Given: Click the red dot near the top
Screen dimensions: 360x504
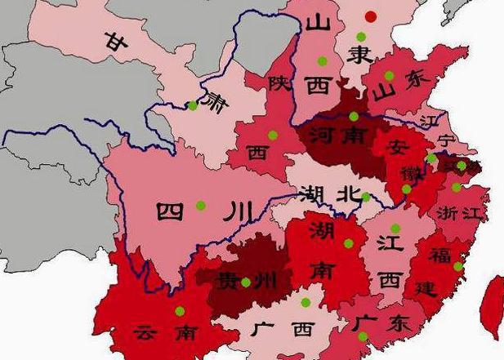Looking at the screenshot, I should (372, 16).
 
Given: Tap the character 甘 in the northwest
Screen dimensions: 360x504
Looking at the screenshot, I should (114, 41).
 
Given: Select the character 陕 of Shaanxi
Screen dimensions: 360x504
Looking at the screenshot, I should (279, 82).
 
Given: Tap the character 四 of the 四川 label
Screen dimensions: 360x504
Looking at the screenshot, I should (172, 212).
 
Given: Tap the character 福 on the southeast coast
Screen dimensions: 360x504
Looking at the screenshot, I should (440, 255).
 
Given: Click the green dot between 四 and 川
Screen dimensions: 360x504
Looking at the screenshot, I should (201, 205).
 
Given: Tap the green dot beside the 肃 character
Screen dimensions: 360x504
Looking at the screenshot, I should (193, 104).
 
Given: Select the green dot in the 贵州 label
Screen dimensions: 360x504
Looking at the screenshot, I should (245, 282).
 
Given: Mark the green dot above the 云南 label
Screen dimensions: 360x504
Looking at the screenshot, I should (179, 311).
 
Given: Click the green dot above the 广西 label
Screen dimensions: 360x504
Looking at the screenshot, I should (306, 303).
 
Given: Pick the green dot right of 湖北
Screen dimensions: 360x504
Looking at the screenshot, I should (366, 197).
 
